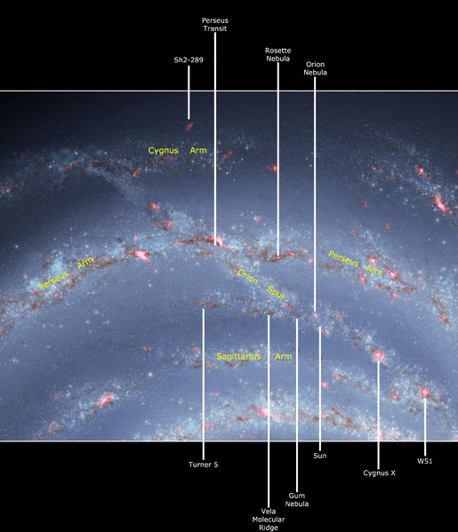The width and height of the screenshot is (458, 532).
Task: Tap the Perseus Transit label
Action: point(215,23)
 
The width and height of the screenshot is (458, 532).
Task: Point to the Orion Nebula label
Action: point(315,69)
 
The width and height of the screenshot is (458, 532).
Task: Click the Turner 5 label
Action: point(204,464)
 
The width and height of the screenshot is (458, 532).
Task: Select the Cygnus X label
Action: point(379,473)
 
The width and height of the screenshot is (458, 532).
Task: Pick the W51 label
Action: point(425,461)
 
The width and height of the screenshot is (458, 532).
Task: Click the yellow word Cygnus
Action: point(164,152)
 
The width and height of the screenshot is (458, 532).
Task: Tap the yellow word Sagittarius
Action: point(239,356)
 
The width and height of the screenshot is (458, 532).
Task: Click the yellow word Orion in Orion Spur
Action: point(248,275)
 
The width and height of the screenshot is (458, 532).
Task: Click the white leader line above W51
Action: point(425,426)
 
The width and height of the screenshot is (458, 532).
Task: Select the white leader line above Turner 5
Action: point(204,382)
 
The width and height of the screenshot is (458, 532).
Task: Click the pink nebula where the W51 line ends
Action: point(425,392)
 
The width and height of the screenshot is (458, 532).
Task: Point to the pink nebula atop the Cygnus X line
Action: point(379,356)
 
